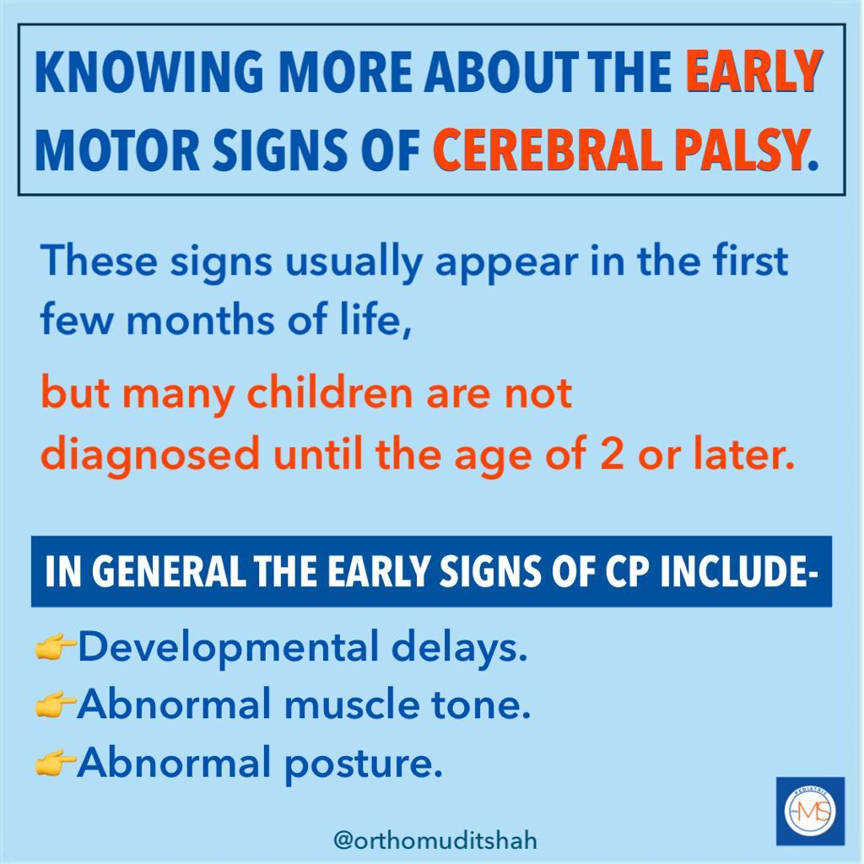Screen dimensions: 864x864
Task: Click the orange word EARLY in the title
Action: click(x=753, y=72)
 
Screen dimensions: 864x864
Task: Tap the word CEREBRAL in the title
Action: click(x=548, y=150)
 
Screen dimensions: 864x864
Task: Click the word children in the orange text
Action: click(x=329, y=392)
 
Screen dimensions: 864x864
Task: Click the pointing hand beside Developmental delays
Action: click(x=55, y=647)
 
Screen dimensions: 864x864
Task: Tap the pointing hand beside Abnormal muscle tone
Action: click(x=55, y=705)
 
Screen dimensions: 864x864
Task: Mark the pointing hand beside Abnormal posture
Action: click(x=55, y=764)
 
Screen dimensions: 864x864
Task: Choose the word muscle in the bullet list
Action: click(x=352, y=705)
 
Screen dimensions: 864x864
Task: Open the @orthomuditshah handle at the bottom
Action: click(x=435, y=840)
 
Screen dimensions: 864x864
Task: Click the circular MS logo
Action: click(x=810, y=811)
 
